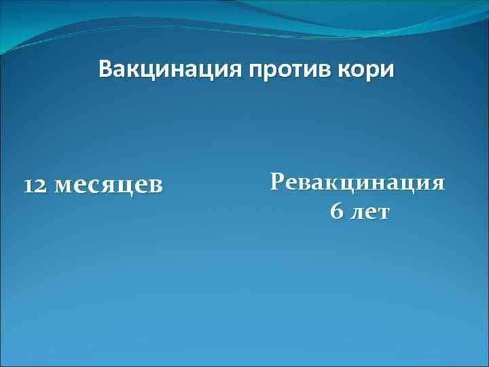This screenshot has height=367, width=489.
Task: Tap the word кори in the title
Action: click(x=369, y=70)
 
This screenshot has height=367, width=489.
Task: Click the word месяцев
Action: click(x=108, y=185)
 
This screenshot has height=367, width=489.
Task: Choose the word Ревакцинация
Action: click(x=357, y=182)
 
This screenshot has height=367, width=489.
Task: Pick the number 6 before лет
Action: click(x=336, y=211)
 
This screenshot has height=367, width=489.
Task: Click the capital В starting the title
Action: click(x=105, y=69)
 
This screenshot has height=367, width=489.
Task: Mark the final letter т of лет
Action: click(x=384, y=213)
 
